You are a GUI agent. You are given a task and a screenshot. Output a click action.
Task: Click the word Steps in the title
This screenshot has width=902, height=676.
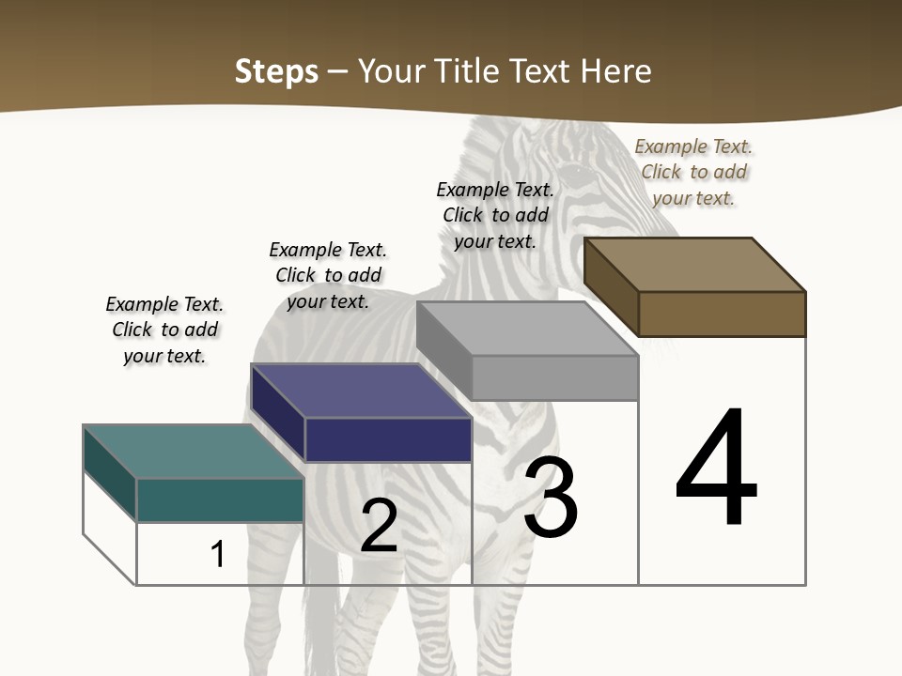[x=276, y=71]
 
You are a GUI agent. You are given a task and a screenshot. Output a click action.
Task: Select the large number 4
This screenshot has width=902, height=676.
[x=716, y=469]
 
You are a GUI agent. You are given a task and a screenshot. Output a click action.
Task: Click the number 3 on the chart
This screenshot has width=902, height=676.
[x=551, y=498]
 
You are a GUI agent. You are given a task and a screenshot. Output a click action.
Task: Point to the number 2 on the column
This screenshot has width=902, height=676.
[x=379, y=527]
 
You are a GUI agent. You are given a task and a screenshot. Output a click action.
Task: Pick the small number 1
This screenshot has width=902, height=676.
[x=218, y=554]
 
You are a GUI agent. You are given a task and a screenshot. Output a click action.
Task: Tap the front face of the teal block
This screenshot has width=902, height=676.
[x=220, y=499]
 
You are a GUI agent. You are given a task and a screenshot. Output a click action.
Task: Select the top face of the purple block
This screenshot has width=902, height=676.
[x=361, y=391]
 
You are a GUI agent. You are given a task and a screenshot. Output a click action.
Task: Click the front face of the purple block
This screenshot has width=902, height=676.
[x=388, y=439]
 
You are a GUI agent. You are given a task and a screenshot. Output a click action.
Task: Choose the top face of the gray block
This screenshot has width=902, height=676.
[x=527, y=329]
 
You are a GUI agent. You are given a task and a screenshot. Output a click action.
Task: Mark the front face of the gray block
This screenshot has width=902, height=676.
[x=554, y=378]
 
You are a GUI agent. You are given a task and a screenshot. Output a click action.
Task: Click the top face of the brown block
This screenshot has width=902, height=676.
[x=695, y=265]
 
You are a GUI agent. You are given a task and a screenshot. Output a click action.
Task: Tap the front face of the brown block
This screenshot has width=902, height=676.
[x=722, y=314]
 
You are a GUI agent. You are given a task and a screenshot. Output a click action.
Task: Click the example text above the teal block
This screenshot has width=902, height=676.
[x=164, y=330]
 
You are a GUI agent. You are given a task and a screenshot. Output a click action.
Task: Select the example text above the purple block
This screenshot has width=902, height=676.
[x=328, y=275]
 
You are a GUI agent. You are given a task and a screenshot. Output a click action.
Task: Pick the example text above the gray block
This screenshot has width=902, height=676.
[x=495, y=215]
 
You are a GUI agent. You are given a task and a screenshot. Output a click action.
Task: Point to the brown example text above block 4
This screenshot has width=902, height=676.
[x=693, y=172]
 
